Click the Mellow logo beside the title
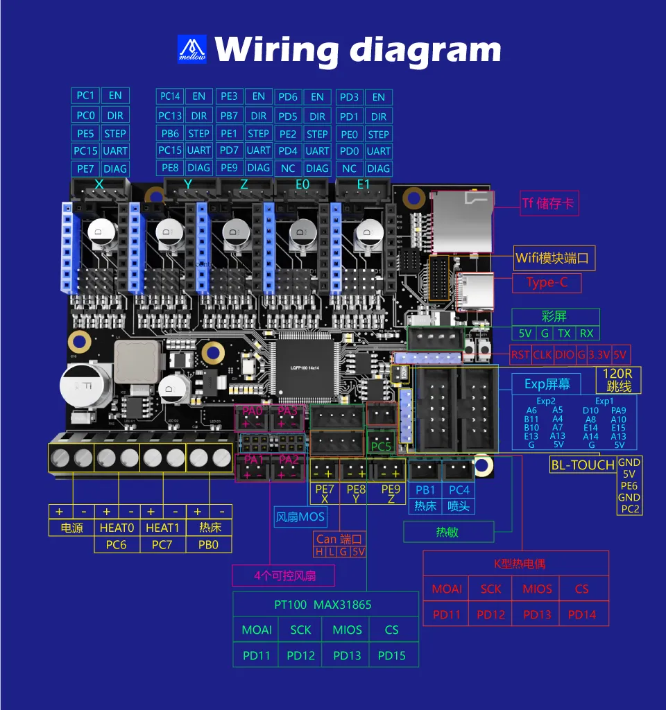[x=192, y=49]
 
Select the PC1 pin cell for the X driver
[x=85, y=96]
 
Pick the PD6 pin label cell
[x=287, y=97]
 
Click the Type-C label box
[x=547, y=282]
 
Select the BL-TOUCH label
[x=583, y=465]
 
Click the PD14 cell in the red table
[x=581, y=614]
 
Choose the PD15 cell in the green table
[x=392, y=655]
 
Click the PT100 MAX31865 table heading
[x=323, y=605]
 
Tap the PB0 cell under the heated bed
[x=208, y=544]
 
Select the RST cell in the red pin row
[x=520, y=355]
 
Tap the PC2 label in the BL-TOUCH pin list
[x=630, y=509]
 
